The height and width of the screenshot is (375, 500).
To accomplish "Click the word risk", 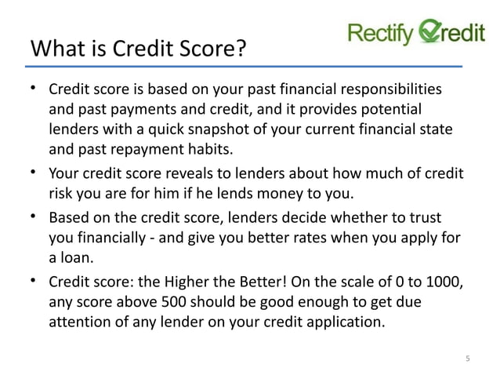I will point(63,192).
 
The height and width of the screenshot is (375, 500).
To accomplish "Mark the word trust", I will point(424,217).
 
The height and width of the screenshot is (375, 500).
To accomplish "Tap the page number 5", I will point(468,359).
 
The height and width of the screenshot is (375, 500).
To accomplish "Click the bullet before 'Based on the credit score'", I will point(34,216).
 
